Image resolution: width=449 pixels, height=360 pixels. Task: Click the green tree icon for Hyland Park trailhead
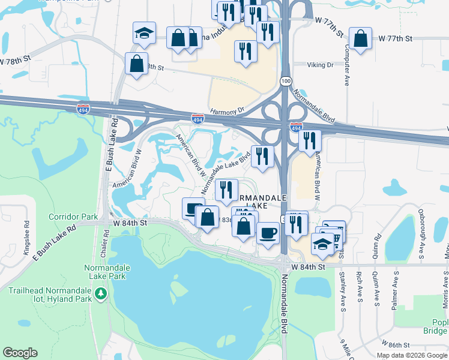coord(101,294)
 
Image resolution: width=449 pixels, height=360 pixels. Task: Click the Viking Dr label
coord(321,65)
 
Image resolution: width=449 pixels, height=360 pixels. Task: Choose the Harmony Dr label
coord(228,112)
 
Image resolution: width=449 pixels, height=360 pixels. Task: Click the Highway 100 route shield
coord(286,80)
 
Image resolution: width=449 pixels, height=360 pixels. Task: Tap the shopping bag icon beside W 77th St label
coord(360,38)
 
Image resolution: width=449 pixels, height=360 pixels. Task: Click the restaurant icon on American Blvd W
coord(309,140)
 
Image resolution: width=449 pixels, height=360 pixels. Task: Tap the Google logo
coord(20,353)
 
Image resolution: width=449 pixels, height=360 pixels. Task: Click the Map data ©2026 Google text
coord(412,355)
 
